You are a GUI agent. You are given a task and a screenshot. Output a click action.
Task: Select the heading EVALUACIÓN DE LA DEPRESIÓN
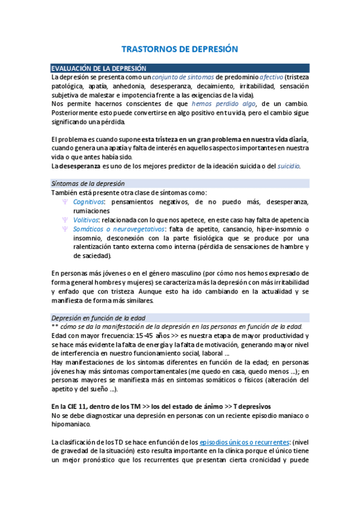pos(98,69)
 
